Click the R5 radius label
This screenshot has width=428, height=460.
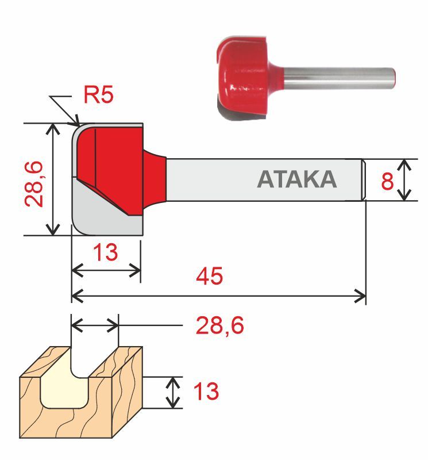[x=99, y=95]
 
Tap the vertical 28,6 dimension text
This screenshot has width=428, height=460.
[x=34, y=183]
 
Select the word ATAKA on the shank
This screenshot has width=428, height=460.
[x=296, y=179]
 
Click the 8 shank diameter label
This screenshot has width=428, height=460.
[x=387, y=182]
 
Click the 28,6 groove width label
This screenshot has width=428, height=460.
[x=220, y=326]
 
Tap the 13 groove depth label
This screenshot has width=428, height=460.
[x=206, y=392]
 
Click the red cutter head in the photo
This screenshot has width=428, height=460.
[x=244, y=78]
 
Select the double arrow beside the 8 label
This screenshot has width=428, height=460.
[x=406, y=180]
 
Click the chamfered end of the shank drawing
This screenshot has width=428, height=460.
[x=364, y=179]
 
